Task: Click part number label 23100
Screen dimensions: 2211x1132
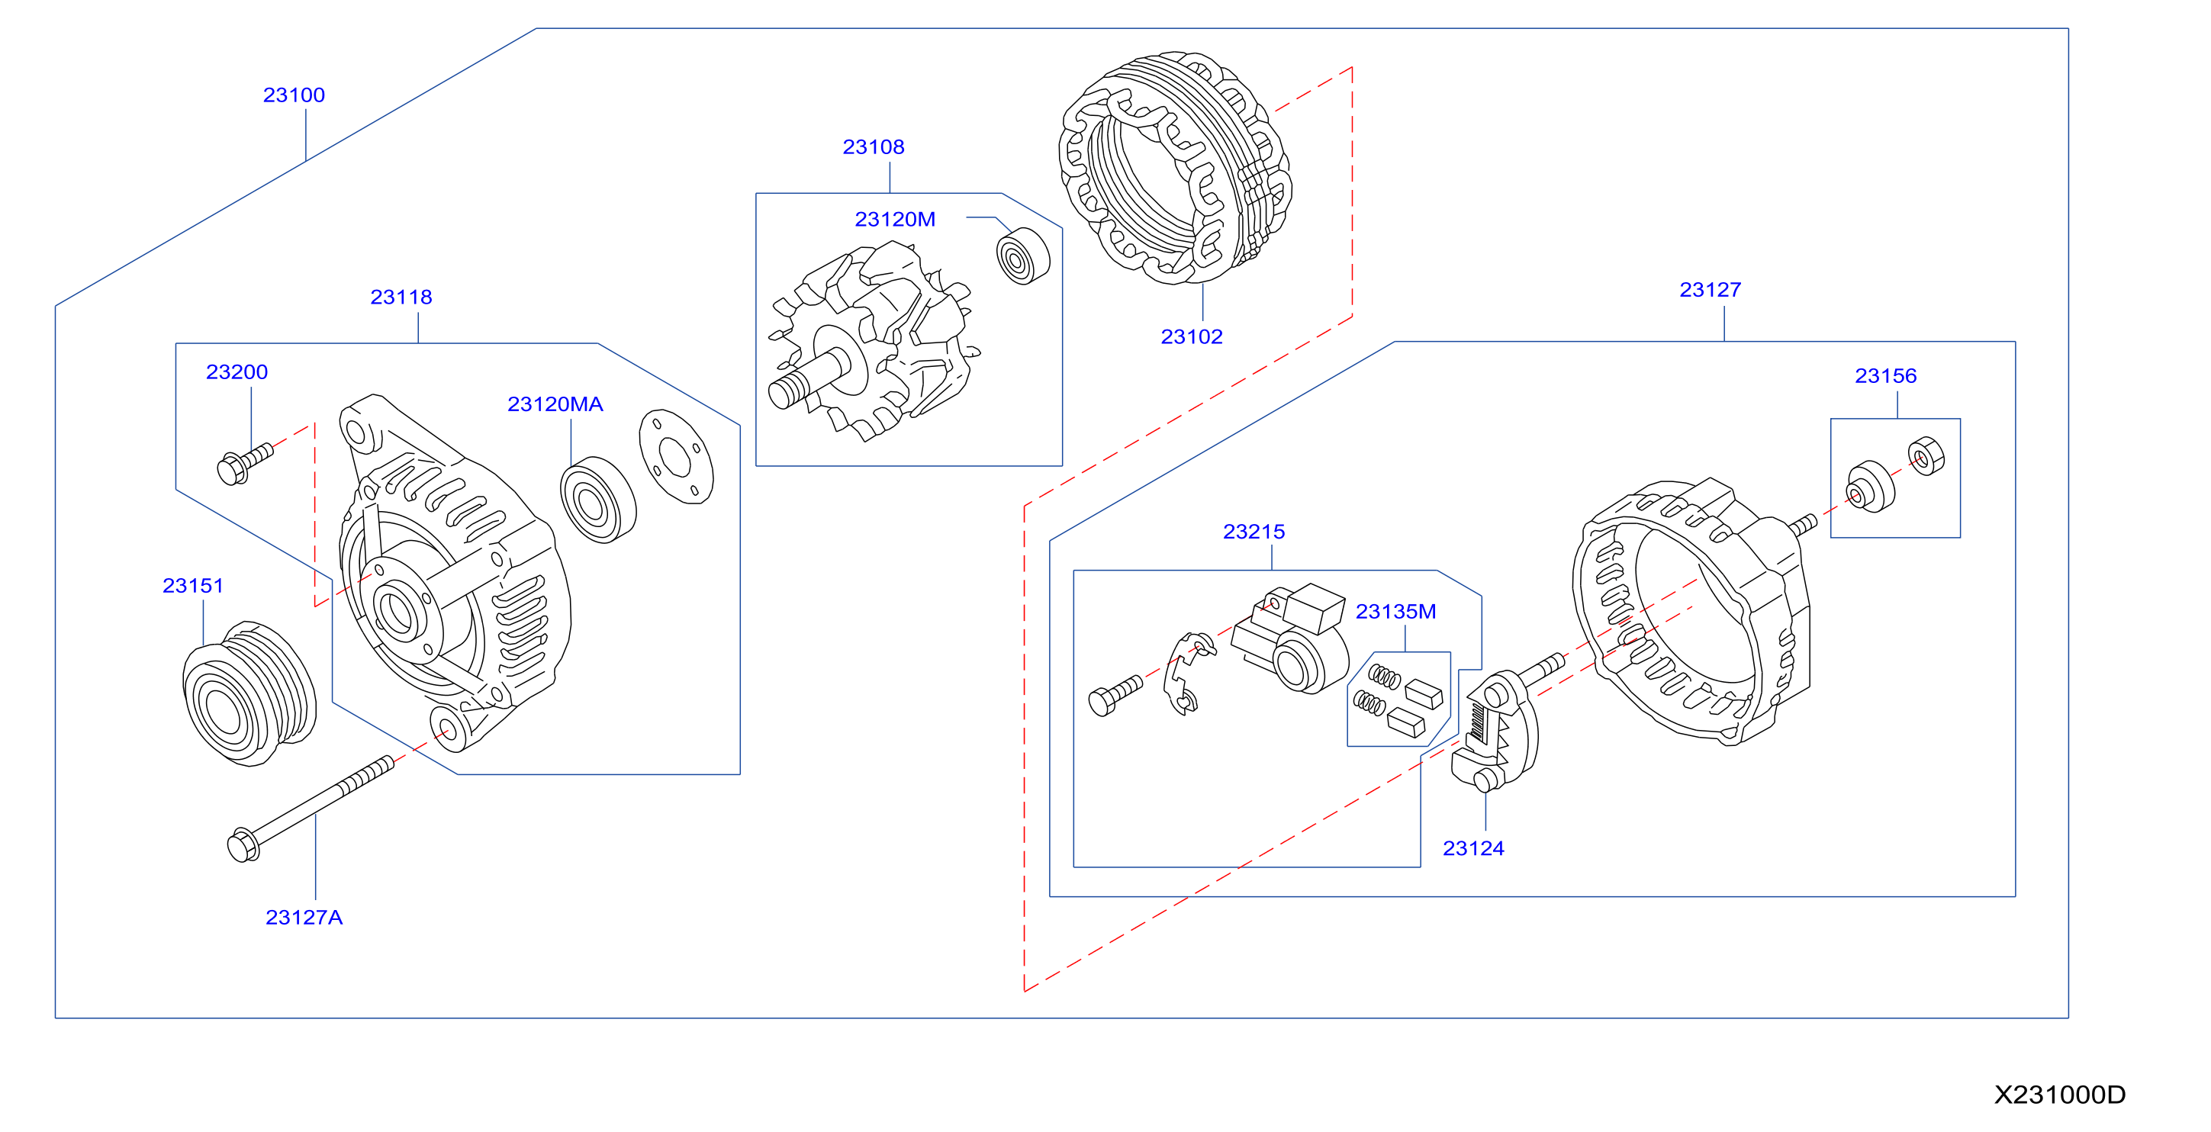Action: tap(294, 95)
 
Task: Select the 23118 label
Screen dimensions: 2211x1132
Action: tap(401, 297)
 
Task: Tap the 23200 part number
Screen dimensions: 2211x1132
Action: tap(237, 371)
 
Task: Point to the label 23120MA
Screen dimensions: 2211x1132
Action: tap(555, 404)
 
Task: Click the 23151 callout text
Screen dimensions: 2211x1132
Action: tap(193, 585)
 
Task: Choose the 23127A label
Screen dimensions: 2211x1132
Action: tap(304, 918)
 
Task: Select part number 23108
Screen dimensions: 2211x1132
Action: tap(874, 146)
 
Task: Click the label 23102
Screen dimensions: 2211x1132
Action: tap(1192, 336)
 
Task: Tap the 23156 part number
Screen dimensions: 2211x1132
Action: tap(1886, 375)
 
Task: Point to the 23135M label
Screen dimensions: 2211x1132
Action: tap(1395, 611)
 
